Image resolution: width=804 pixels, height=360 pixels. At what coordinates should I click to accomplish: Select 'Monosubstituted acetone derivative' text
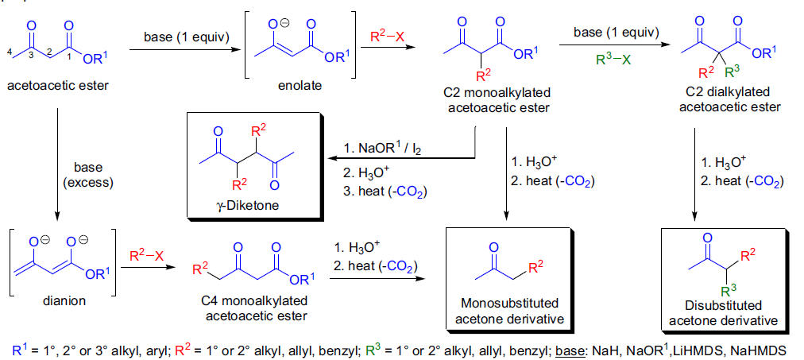pyautogui.click(x=510, y=312)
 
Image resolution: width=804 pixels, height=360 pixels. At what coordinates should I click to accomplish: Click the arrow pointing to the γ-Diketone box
pyautogui.click(x=397, y=159)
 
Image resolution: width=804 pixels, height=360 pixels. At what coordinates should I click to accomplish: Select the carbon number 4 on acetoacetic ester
pyautogui.click(x=9, y=53)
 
